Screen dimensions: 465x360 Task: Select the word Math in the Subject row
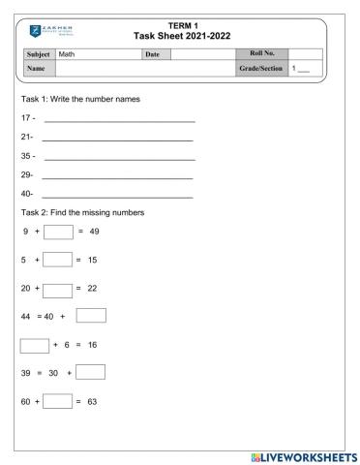tap(67, 54)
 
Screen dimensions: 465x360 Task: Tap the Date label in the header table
tap(152, 54)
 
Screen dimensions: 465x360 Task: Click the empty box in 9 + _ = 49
tap(57, 232)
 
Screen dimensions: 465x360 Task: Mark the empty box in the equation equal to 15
tap(58, 260)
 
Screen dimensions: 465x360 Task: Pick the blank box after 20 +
tap(58, 289)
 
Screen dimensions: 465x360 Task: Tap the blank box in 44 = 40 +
tap(91, 315)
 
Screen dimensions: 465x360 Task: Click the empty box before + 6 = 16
tap(35, 344)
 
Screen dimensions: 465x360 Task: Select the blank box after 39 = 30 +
tap(90, 372)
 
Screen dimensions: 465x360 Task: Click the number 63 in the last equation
tap(94, 401)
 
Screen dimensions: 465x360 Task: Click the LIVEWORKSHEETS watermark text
tap(309, 455)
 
